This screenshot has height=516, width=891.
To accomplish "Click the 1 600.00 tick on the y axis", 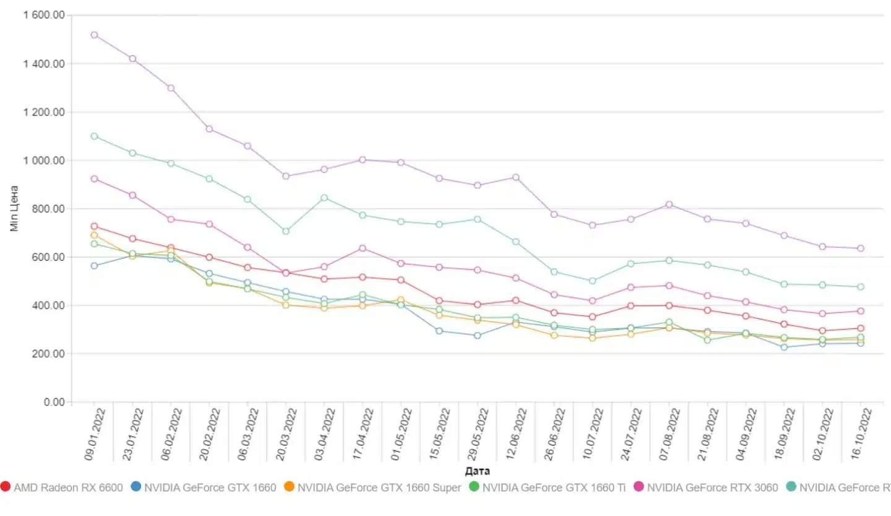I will (x=45, y=15).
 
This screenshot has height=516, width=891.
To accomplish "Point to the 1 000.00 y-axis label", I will (x=45, y=160).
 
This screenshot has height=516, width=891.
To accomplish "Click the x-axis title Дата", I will (x=477, y=471).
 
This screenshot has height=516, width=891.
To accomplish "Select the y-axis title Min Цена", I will (x=14, y=208).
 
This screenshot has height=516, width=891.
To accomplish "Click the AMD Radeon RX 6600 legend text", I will (x=68, y=488).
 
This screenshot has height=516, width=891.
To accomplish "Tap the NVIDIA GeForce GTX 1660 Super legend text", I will (x=379, y=488).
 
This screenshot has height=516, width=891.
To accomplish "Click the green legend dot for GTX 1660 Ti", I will (x=475, y=488).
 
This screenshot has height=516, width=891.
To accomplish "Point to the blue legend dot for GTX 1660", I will (x=136, y=488).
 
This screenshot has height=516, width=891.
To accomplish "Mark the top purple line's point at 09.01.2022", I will (x=94, y=35).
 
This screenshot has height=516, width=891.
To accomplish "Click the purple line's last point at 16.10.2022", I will (x=860, y=248).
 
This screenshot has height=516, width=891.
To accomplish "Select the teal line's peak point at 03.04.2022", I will (x=324, y=198).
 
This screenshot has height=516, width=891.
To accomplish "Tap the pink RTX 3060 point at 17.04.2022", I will (x=363, y=248).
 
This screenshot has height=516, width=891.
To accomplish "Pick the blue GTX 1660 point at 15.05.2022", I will (x=439, y=331).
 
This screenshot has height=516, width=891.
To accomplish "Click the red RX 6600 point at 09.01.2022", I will (x=94, y=226).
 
